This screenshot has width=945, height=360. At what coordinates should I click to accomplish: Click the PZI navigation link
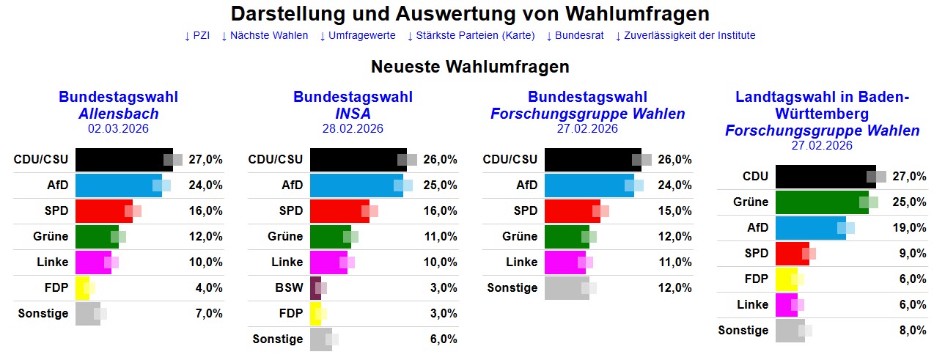pos(197,35)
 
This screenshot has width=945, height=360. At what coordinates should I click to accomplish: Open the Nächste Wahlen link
pos(265,35)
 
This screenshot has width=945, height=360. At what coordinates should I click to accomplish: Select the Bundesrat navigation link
pos(575,35)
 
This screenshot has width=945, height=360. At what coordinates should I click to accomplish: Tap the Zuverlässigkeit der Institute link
pos(685,35)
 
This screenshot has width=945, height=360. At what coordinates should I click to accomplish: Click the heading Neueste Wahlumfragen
pos(470,67)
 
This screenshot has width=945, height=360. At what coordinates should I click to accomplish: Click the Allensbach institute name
pos(118,114)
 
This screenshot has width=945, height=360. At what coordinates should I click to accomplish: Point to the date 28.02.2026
pos(353,129)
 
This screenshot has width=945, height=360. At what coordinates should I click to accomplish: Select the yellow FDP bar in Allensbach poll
pos(82,288)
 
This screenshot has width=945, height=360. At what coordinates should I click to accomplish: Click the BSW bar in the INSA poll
pos(315,288)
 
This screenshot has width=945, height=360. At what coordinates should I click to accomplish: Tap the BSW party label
pos(288,288)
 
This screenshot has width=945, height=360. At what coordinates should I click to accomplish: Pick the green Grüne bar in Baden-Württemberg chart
pos(821,202)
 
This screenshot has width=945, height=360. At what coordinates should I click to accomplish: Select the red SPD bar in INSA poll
pos(339,211)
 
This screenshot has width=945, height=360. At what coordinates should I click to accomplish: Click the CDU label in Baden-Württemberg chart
pos(755,177)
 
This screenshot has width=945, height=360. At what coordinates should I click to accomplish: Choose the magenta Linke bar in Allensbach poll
pos(93,262)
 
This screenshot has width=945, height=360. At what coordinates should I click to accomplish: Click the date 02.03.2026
pos(118,129)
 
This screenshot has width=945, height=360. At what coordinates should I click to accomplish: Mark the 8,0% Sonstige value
pos(911,331)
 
